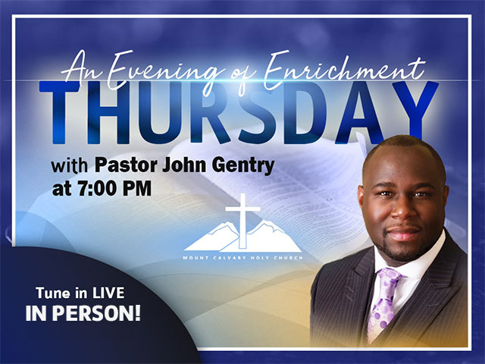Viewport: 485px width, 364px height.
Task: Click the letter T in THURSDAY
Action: click(x=60, y=113)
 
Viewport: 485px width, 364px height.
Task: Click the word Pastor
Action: click(x=127, y=165)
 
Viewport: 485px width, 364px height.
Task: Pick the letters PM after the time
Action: click(x=137, y=188)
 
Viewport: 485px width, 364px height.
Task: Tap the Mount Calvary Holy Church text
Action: click(x=242, y=258)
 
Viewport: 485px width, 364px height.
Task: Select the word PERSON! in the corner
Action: click(x=96, y=313)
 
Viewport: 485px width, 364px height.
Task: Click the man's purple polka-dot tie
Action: click(x=384, y=303)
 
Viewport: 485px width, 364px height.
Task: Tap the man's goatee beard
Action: click(x=402, y=248)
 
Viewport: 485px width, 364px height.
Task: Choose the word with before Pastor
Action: click(x=69, y=166)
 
